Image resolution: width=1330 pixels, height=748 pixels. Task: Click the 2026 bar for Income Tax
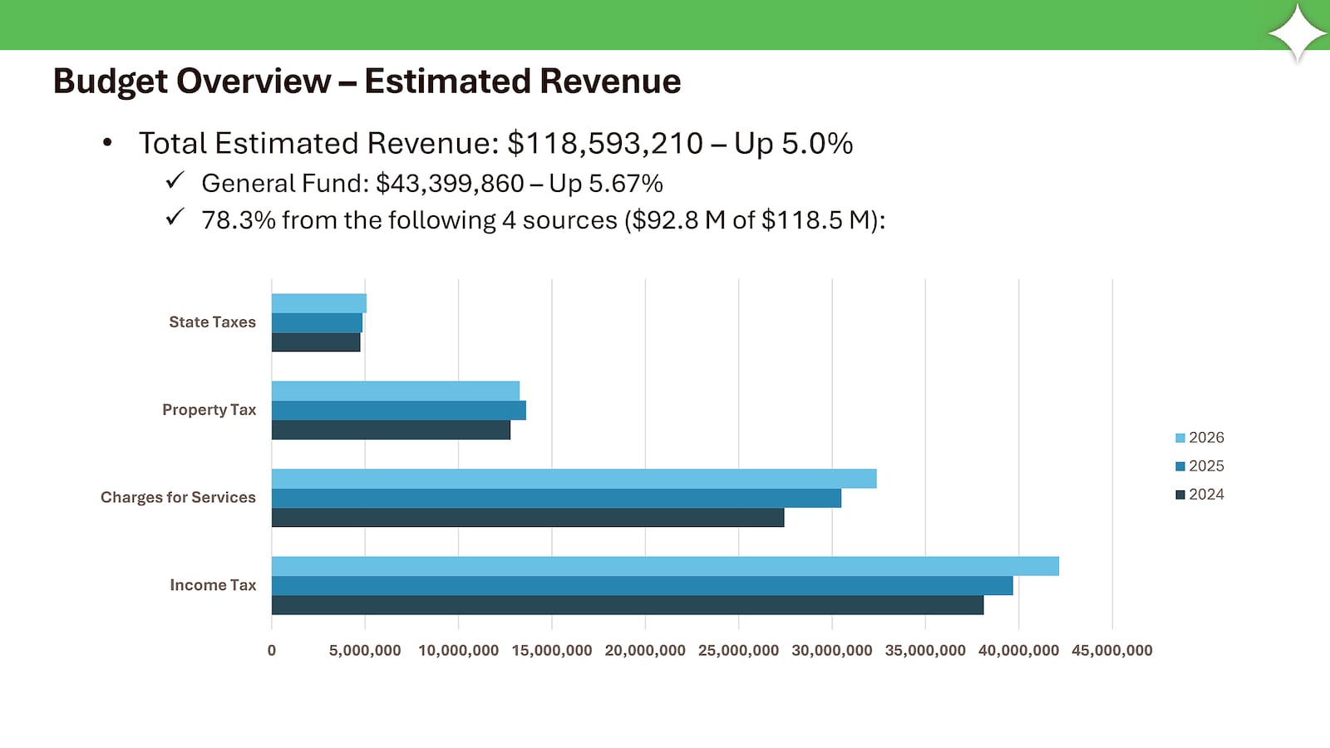click(x=665, y=566)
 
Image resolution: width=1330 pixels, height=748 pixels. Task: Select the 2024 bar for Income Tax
click(x=628, y=605)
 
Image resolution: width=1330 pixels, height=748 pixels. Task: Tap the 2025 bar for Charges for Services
click(x=556, y=498)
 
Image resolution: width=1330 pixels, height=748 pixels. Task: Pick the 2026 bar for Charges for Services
click(x=574, y=479)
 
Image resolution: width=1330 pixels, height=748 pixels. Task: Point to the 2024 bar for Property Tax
click(x=391, y=430)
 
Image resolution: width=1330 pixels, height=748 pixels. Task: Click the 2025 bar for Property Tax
click(x=398, y=411)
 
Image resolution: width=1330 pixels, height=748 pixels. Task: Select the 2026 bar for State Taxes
click(x=318, y=303)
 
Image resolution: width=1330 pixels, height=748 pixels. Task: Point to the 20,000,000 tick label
click(x=645, y=651)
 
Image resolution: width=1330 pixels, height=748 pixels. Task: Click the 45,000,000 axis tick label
click(x=1111, y=651)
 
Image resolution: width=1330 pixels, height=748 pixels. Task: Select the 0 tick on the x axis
click(x=272, y=651)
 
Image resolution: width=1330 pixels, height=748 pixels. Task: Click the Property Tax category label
click(x=209, y=410)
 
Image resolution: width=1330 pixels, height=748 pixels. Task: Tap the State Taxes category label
click(x=212, y=322)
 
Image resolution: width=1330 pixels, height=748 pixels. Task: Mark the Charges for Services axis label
click(x=178, y=498)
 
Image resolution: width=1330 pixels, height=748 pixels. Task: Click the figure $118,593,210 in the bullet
click(x=605, y=144)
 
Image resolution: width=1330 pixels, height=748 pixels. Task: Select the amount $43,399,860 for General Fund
click(x=450, y=184)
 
